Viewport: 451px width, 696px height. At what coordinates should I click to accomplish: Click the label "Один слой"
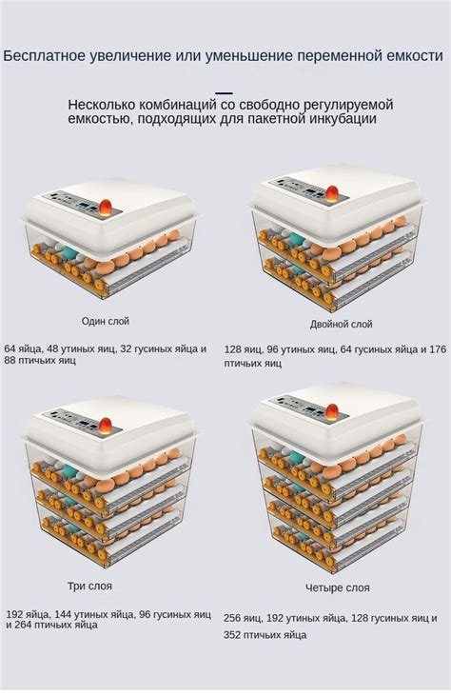click(x=105, y=321)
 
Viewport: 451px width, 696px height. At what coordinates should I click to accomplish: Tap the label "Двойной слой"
click(x=341, y=325)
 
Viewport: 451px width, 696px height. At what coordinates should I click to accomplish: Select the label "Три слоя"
click(x=89, y=586)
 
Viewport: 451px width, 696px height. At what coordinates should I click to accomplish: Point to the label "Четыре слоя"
click(x=338, y=588)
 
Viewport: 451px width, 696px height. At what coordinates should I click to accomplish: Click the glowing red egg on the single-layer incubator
click(x=105, y=208)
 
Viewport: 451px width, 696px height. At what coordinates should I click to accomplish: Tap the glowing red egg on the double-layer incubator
click(x=332, y=193)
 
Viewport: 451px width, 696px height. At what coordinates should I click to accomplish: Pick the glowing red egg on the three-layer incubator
click(x=105, y=426)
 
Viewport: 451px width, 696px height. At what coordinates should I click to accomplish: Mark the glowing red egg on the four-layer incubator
click(x=332, y=411)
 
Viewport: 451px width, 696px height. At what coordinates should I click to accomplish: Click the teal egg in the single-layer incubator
click(x=70, y=253)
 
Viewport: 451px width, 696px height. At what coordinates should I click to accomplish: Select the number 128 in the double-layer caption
click(x=233, y=349)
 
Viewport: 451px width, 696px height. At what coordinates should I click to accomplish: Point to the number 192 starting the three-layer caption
click(x=14, y=615)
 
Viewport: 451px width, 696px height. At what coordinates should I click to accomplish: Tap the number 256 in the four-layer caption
click(x=233, y=618)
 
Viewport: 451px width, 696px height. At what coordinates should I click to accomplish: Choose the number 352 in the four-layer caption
click(x=232, y=635)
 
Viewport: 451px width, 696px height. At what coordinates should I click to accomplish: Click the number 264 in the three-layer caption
click(x=24, y=625)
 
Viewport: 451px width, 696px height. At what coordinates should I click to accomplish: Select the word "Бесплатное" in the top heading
click(x=44, y=56)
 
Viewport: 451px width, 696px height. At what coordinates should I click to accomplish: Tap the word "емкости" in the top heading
click(x=415, y=56)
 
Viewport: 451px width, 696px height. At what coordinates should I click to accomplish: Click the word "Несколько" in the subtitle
click(x=102, y=105)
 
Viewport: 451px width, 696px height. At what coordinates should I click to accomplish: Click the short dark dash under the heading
click(x=224, y=92)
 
